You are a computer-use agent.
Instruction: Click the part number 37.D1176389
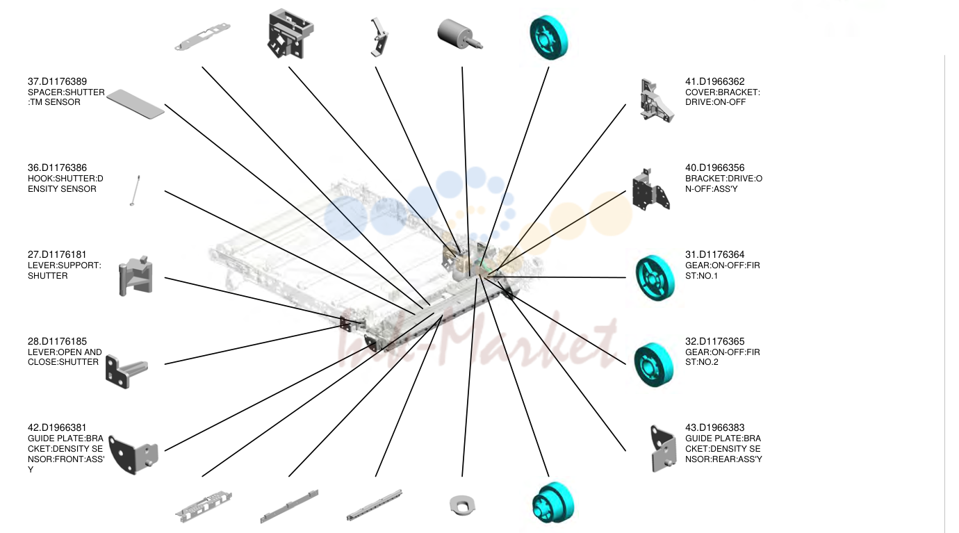tap(57, 81)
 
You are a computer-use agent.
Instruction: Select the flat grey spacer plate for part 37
tap(136, 104)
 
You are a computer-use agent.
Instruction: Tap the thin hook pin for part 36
tap(135, 190)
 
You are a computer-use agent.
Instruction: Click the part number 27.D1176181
tap(57, 254)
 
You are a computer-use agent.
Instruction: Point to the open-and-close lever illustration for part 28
tap(126, 371)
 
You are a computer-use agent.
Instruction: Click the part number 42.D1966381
tap(57, 427)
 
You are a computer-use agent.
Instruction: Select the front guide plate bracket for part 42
tap(133, 454)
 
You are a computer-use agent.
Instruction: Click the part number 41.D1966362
tap(714, 81)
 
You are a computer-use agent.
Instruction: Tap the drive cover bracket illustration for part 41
tap(656, 101)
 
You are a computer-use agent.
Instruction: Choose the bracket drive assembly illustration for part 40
tap(650, 190)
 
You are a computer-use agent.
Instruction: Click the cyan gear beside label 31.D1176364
tap(655, 278)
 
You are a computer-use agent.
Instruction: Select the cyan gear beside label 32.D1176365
tap(654, 365)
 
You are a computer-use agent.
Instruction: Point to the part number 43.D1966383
tap(714, 427)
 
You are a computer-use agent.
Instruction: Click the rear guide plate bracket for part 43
tap(663, 448)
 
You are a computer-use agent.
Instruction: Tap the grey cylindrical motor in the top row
tap(459, 34)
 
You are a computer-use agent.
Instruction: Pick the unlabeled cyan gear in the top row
tap(549, 38)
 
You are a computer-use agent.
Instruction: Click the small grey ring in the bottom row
tap(462, 505)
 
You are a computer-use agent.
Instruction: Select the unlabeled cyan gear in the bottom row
tap(552, 502)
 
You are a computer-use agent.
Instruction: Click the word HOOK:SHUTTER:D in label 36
tap(65, 179)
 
